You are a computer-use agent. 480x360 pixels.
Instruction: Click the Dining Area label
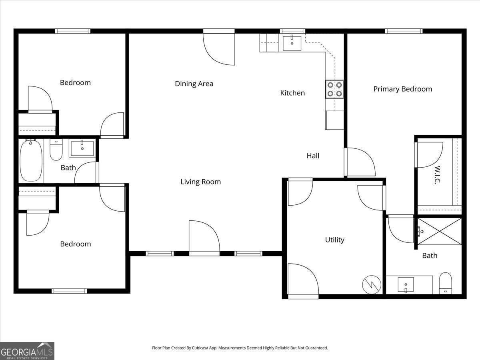coord(194,84)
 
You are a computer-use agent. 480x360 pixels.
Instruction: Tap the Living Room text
coord(200,182)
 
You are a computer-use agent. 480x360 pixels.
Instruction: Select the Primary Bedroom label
coord(402,89)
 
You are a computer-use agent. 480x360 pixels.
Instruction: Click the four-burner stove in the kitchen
coord(334,89)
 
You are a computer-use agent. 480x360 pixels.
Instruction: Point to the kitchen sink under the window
coord(292,43)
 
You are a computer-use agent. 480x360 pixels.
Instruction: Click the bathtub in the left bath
coord(31,160)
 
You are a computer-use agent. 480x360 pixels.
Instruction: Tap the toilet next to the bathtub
coord(56,150)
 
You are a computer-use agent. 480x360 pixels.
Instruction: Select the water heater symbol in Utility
coord(369,284)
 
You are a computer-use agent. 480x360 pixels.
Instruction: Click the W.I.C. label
coord(437,175)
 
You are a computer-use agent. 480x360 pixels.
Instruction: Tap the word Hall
coord(313,156)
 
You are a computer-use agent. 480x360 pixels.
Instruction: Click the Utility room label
coord(334,240)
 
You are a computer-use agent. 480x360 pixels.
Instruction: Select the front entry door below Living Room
coord(204,238)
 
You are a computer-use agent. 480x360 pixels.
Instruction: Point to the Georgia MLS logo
coord(27,351)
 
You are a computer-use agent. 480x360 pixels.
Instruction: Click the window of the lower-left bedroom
coord(69,291)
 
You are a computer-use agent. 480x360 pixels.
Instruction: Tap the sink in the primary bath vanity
coord(406,285)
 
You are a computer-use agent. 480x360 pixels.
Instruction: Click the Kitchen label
coord(292,93)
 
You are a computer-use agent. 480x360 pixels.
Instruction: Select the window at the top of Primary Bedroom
coord(404,31)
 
